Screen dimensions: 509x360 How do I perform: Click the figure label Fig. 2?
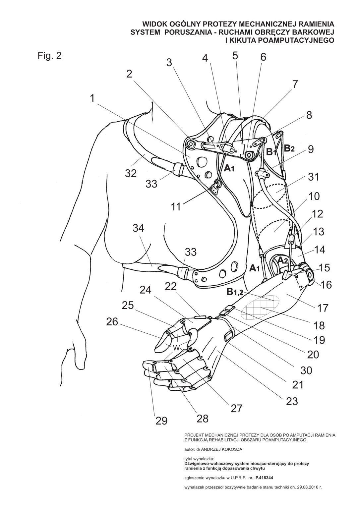click(x=49, y=56)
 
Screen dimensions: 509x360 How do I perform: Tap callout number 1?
click(x=92, y=98)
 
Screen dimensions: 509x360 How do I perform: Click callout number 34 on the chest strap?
click(x=141, y=228)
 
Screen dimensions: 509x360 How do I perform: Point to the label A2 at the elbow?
click(x=283, y=260)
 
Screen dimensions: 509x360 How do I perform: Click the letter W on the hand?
click(x=176, y=347)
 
